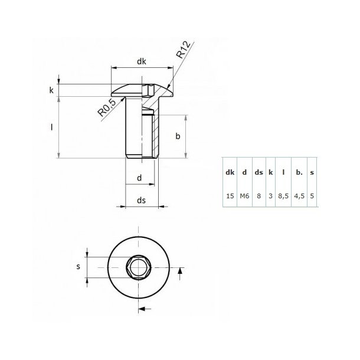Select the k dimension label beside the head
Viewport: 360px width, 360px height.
(51, 90)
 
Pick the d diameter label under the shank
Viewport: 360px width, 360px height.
(139, 177)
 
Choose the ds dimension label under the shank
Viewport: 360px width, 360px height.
(142, 201)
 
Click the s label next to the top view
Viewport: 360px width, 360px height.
(78, 267)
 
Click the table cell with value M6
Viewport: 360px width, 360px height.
(244, 195)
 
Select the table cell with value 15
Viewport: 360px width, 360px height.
(230, 195)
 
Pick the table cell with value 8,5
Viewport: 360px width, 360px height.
(284, 195)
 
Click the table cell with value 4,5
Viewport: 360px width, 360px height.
(299, 195)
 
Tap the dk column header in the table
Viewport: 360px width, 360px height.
(230, 173)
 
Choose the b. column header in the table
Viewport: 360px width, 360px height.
(299, 173)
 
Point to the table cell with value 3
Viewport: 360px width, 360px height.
(271, 195)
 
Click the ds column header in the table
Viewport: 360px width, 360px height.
(258, 173)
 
